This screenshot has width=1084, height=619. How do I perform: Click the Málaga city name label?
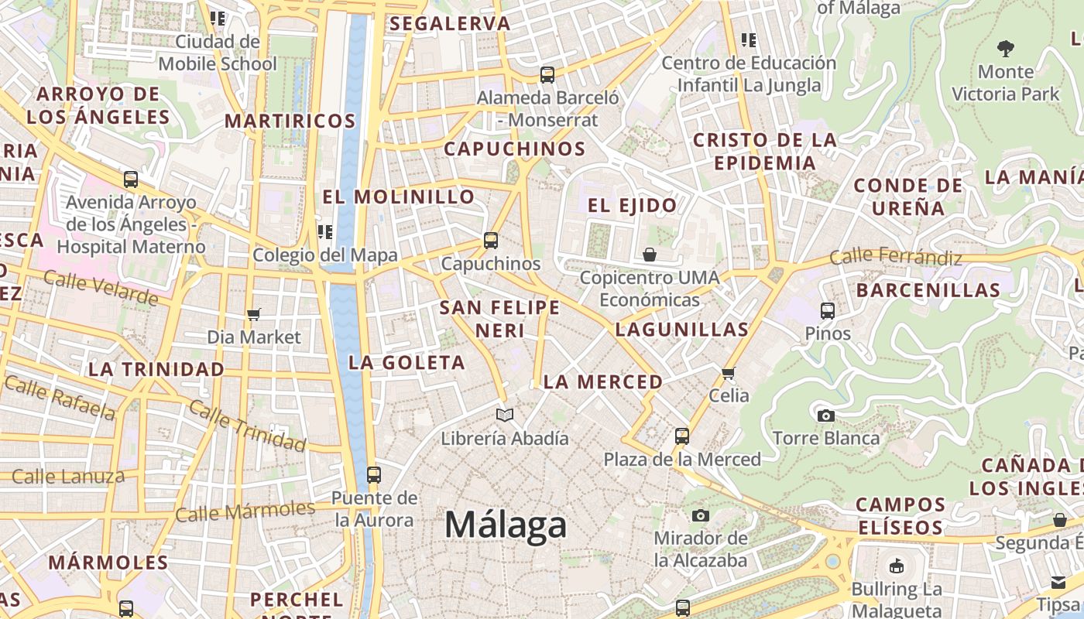pyautogui.click(x=506, y=525)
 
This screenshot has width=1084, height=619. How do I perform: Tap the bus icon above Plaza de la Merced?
pyautogui.click(x=682, y=436)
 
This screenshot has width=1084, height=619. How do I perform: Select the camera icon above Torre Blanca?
pyautogui.click(x=826, y=416)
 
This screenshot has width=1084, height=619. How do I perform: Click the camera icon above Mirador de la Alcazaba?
pyautogui.click(x=701, y=515)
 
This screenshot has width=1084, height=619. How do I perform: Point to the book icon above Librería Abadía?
pyautogui.click(x=505, y=416)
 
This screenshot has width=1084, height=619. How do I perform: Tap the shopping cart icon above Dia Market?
pyautogui.click(x=253, y=315)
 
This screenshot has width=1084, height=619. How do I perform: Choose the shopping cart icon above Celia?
pyautogui.click(x=729, y=374)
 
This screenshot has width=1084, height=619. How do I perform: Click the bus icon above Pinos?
pyautogui.click(x=828, y=311)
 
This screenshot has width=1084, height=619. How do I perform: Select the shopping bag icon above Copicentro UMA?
pyautogui.click(x=650, y=255)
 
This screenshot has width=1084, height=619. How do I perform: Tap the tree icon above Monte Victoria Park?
pyautogui.click(x=1006, y=49)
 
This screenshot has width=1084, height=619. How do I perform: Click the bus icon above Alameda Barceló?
pyautogui.click(x=547, y=75)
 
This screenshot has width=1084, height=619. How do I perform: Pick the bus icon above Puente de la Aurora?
pyautogui.click(x=374, y=475)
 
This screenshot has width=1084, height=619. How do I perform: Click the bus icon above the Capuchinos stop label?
pyautogui.click(x=491, y=241)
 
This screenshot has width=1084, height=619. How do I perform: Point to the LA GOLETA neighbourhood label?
pyautogui.click(x=406, y=362)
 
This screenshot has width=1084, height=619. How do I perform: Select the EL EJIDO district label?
pyautogui.click(x=632, y=205)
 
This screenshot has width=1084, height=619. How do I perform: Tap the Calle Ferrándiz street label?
pyautogui.click(x=895, y=257)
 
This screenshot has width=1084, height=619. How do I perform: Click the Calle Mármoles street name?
pyautogui.click(x=245, y=511)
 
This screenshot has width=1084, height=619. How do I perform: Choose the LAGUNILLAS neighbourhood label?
pyautogui.click(x=682, y=330)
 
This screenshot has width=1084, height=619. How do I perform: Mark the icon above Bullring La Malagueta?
pyautogui.click(x=897, y=566)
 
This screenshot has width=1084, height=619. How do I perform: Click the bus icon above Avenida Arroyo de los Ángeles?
pyautogui.click(x=131, y=180)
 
